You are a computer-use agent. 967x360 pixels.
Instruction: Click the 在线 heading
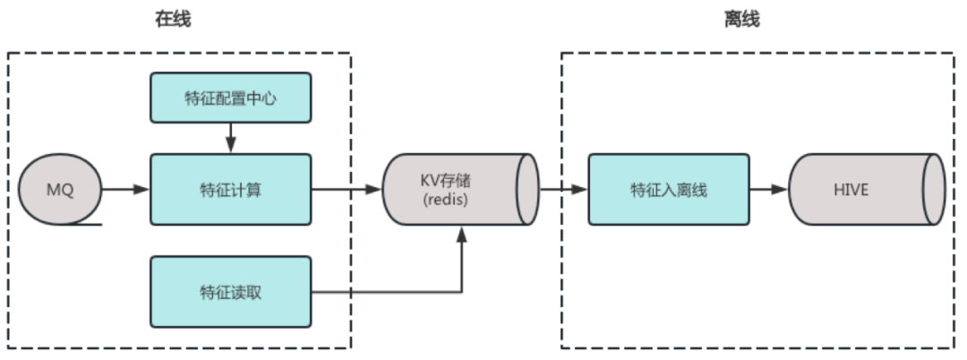point(174,19)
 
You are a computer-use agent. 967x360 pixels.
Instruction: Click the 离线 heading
point(741,19)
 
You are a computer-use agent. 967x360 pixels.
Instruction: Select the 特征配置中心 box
point(231,98)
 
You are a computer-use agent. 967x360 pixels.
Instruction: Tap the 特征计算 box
point(231,189)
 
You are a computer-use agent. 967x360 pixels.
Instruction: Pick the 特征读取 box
point(231,292)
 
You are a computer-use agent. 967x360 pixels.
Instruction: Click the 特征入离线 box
point(669,189)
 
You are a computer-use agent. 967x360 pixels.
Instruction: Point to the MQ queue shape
point(60,189)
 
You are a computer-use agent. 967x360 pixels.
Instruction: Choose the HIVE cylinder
point(867,189)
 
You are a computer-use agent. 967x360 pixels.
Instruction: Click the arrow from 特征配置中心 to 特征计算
point(231,138)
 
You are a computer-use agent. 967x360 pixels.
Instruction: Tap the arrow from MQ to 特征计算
point(126,189)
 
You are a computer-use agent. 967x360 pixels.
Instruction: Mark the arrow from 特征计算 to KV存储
point(347,189)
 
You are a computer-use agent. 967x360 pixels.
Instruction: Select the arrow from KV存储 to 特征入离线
point(564,189)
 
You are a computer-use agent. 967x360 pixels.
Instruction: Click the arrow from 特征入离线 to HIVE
point(769,189)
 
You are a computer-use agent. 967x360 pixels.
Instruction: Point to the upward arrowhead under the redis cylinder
point(461,235)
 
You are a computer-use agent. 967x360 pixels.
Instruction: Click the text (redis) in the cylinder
point(446,201)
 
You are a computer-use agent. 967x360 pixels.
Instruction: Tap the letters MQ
point(60,190)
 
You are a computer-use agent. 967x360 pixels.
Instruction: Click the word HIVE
point(851,190)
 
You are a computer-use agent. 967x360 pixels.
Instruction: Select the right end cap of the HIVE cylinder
point(934,189)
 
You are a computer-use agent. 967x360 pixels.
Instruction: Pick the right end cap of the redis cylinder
point(528,189)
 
